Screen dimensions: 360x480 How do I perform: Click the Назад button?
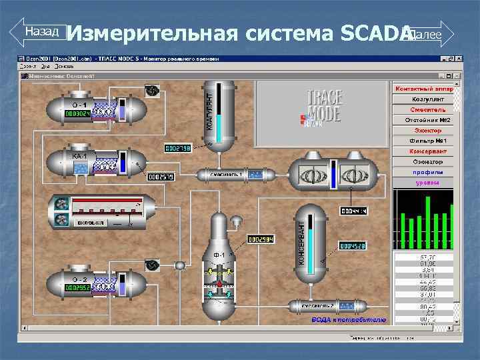pos(39,31)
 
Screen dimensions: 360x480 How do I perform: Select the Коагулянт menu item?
pos(424,99)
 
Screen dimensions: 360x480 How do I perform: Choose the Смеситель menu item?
pos(424,109)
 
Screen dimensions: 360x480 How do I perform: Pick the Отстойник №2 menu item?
pos(424,120)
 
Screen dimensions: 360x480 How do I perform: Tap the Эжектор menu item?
pos(424,131)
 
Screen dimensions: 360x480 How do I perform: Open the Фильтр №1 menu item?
pos(424,141)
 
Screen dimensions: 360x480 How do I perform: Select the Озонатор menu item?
pos(424,161)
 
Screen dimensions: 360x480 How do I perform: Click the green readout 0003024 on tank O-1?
pos(77,114)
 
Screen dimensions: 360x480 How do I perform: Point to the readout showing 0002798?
pos(177,147)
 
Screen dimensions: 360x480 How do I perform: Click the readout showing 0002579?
pos(160,177)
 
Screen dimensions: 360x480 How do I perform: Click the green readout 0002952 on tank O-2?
pos(77,287)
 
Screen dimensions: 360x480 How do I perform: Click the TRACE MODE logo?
pos(323,108)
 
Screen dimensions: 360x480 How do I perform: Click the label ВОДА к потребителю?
pos(349,321)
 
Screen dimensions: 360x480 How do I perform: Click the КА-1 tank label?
pos(80,157)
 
